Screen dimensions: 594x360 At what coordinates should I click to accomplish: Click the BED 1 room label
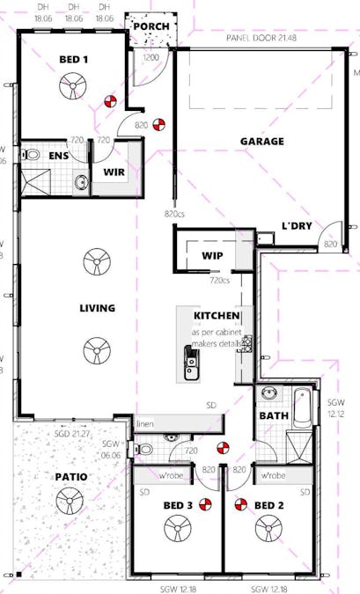75,58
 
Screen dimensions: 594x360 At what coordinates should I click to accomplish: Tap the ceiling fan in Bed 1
71,86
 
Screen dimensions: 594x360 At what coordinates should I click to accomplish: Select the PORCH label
151,26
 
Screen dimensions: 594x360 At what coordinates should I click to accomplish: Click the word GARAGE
262,141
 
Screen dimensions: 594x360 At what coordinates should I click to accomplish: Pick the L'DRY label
297,226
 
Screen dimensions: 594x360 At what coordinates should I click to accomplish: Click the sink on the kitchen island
191,360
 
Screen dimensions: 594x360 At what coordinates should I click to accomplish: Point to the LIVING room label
98,308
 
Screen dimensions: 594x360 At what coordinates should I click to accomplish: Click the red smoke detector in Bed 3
206,504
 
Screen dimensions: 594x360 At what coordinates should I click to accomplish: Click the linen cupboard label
145,425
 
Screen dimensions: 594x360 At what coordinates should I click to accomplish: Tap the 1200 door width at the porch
151,56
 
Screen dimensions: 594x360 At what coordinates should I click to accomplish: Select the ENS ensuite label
58,156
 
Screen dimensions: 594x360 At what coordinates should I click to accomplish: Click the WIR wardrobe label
113,172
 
